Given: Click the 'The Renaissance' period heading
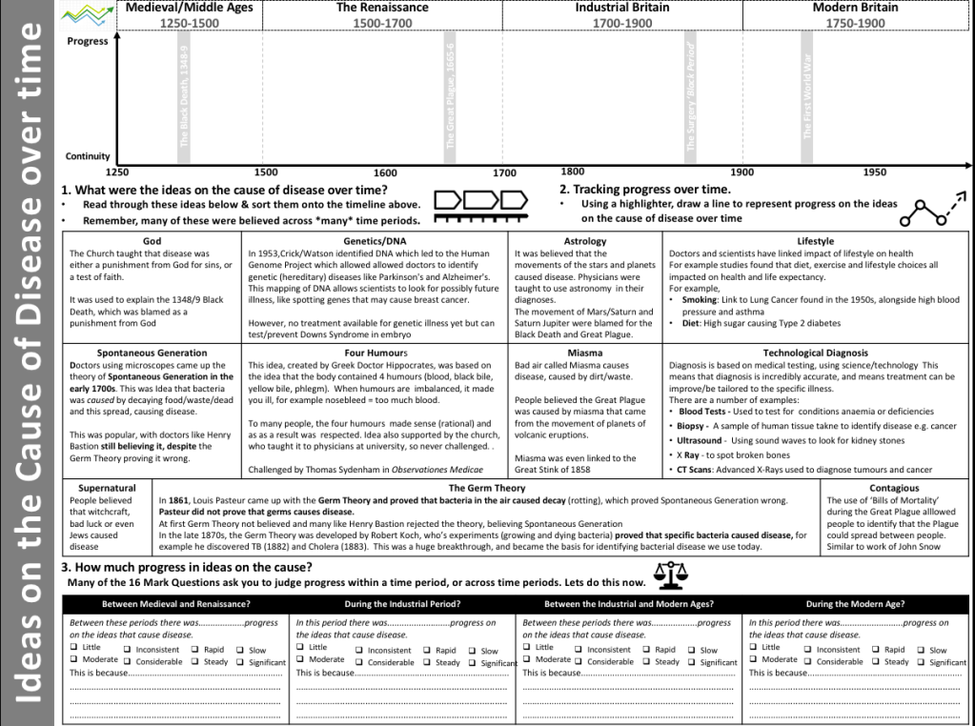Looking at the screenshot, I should tap(382, 8).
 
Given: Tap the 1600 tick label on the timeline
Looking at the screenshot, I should tap(385, 172).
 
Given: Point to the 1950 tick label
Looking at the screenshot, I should tap(874, 171).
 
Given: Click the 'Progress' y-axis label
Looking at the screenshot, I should tap(87, 41).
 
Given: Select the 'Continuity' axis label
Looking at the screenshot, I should tap(88, 156).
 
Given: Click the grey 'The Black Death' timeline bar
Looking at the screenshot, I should tap(185, 95).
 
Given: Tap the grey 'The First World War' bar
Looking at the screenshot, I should tap(807, 95).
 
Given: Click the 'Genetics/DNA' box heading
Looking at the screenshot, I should tap(376, 241).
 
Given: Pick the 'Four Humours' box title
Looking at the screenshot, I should tap(376, 353).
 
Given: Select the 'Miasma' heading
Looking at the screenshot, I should tap(585, 353).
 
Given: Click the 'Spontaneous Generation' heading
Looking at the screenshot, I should tap(152, 353).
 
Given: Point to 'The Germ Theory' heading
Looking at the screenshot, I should tap(487, 488).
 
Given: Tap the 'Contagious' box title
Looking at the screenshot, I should tap(894, 488).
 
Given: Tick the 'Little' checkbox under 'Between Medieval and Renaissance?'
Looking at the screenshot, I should tap(74, 648).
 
